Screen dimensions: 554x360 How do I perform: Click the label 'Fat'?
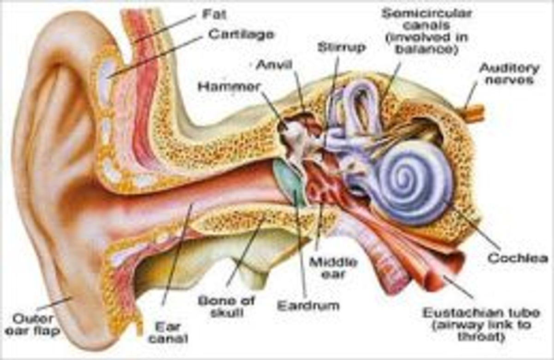pos(214,14)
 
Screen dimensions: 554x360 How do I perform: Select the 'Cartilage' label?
pos(241,34)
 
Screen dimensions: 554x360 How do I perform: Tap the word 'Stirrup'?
pos(341,48)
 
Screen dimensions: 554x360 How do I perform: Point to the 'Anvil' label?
pos(274,65)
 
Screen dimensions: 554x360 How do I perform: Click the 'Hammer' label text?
pos(229,87)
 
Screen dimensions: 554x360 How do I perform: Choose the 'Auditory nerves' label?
pos(509,74)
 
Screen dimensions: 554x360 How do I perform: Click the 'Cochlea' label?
pos(518,258)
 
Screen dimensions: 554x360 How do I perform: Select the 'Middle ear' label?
pos(333,268)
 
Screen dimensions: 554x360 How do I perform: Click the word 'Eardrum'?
pos(308,306)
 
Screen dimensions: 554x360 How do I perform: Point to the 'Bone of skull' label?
pos(227,307)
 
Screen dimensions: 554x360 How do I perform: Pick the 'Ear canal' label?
pos(168,333)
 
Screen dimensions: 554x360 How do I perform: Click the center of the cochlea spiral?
pos(406,177)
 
